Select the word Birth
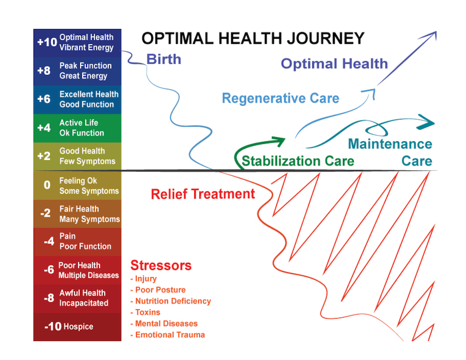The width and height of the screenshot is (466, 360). pyautogui.click(x=164, y=59)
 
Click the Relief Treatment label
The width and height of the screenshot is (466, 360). pyautogui.click(x=203, y=194)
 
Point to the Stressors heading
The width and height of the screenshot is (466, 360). pyautogui.click(x=161, y=266)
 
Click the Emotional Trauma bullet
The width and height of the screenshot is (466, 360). pyautogui.click(x=170, y=335)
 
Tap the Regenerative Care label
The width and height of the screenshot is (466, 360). pyautogui.click(x=281, y=98)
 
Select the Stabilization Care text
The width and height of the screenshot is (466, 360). pyautogui.click(x=298, y=161)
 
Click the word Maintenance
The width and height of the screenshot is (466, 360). pyautogui.click(x=390, y=144)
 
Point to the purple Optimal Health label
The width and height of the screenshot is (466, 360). pyautogui.click(x=334, y=64)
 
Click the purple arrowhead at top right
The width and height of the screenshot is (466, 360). pyautogui.click(x=432, y=35)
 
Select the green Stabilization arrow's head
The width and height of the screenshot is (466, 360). pyautogui.click(x=280, y=140)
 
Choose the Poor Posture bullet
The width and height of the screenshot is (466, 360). pyautogui.click(x=160, y=290)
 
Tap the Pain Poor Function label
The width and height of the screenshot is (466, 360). pyautogui.click(x=85, y=241)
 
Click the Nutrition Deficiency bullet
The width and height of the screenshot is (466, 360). pyautogui.click(x=173, y=301)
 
